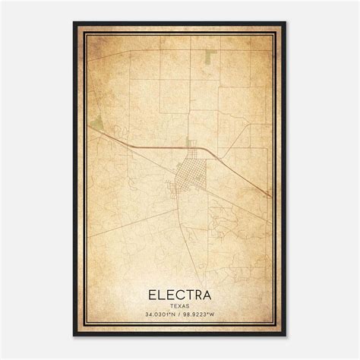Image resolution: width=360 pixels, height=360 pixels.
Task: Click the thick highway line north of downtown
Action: coord(152,144)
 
